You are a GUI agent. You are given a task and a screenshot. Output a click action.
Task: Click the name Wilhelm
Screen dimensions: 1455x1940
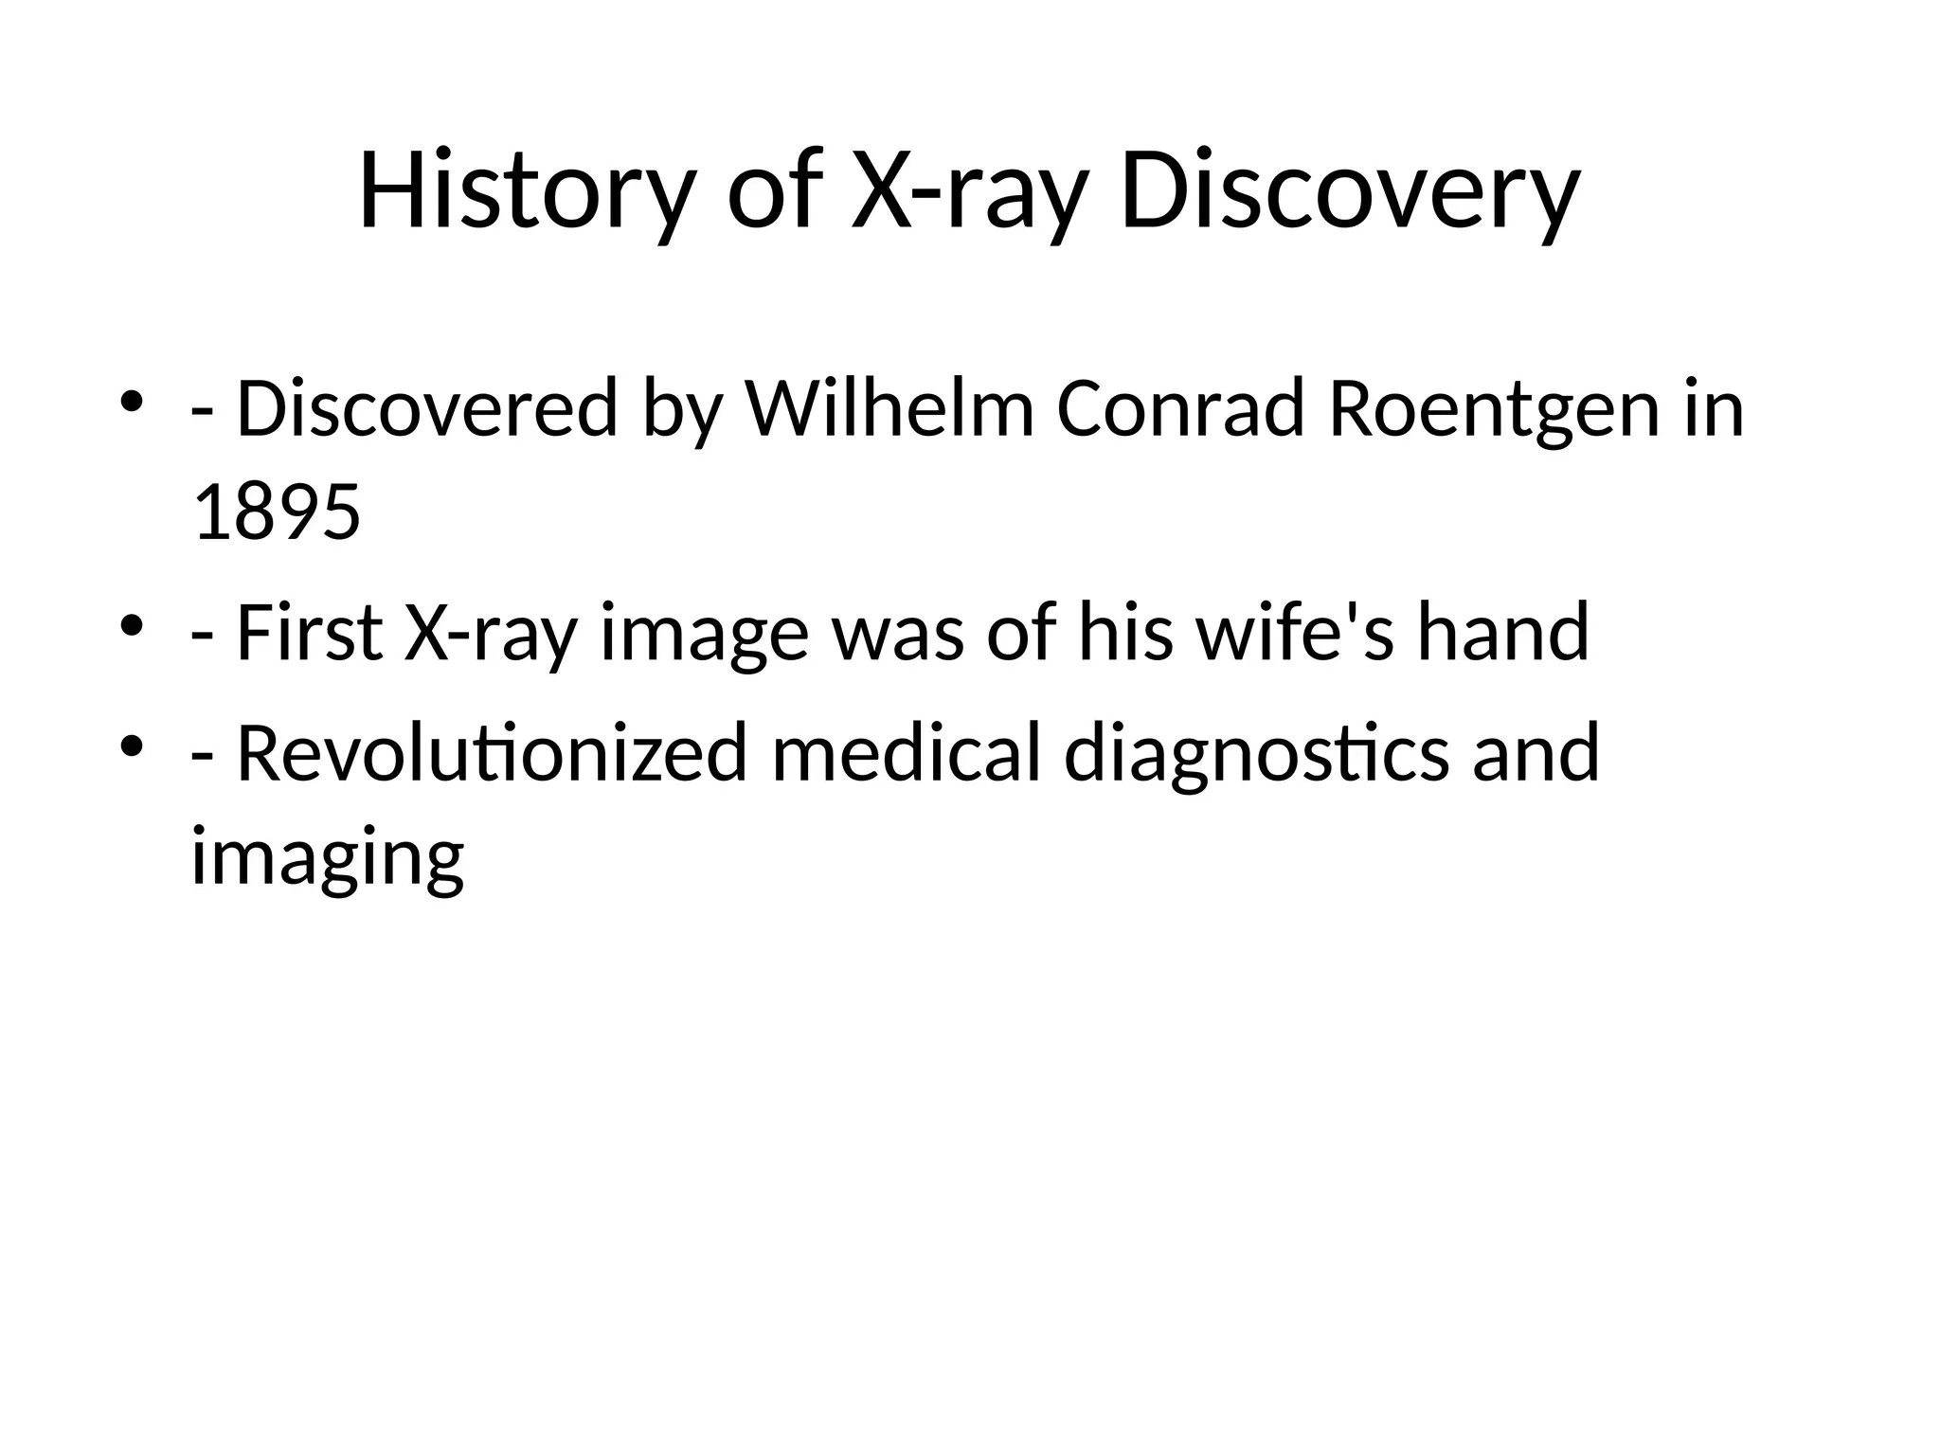[889, 409]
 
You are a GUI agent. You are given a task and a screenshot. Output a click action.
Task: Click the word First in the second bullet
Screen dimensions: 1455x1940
[309, 633]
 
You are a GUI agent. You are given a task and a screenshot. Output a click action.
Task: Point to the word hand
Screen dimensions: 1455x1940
[1502, 633]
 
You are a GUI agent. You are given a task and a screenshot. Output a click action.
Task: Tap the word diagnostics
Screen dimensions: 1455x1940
[1256, 753]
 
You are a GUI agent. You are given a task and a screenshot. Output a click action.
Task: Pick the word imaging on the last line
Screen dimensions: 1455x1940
[328, 857]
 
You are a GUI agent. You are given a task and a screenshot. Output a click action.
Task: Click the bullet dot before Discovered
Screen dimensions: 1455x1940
[132, 402]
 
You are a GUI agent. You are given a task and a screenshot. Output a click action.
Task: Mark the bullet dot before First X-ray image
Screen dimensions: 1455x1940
[132, 625]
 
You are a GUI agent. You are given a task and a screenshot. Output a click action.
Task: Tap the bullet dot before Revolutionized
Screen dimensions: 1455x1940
[132, 745]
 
